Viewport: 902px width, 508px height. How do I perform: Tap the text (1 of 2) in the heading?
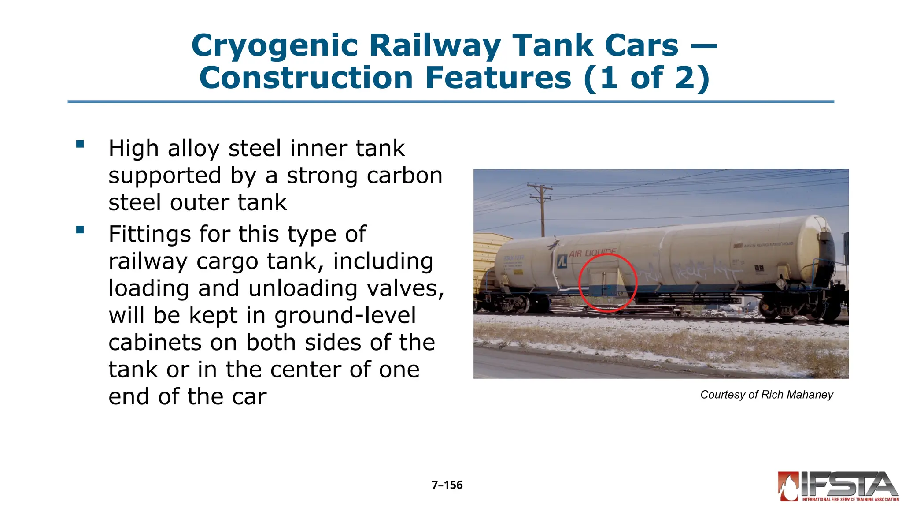point(647,78)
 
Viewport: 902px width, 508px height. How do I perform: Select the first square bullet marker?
point(80,144)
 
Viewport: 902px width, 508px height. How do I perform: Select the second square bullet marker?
point(80,230)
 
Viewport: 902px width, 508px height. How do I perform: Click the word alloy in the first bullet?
point(193,149)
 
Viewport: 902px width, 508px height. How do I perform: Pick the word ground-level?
point(344,316)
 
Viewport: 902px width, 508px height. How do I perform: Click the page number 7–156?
point(447,485)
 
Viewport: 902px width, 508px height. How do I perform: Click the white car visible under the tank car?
point(727,308)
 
